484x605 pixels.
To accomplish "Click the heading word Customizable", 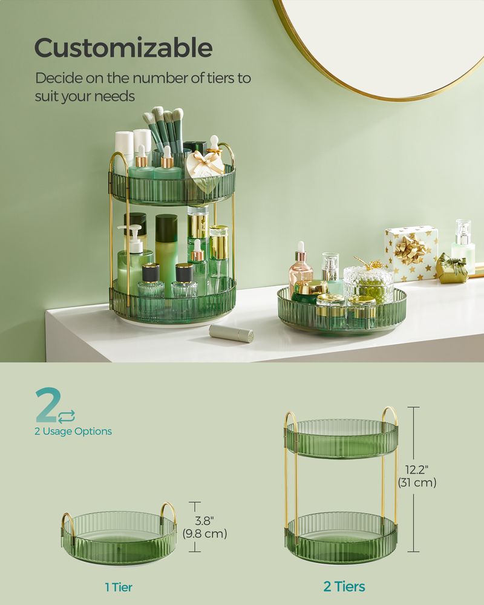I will pyautogui.click(x=123, y=48).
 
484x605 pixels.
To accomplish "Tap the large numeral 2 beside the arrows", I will pyautogui.click(x=46, y=406).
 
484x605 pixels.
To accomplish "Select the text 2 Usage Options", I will pyautogui.click(x=73, y=431).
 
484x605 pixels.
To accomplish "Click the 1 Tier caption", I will pyautogui.click(x=119, y=586).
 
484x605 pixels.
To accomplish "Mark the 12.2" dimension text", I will pyautogui.click(x=417, y=469).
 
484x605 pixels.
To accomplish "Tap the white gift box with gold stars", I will pyautogui.click(x=411, y=253).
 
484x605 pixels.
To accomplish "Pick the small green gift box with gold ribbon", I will pyautogui.click(x=451, y=268).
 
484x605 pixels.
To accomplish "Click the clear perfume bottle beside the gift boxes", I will pyautogui.click(x=463, y=242).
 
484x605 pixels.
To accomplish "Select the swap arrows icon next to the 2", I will pyautogui.click(x=67, y=415).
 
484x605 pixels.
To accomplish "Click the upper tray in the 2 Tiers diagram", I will pyautogui.click(x=341, y=439).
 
